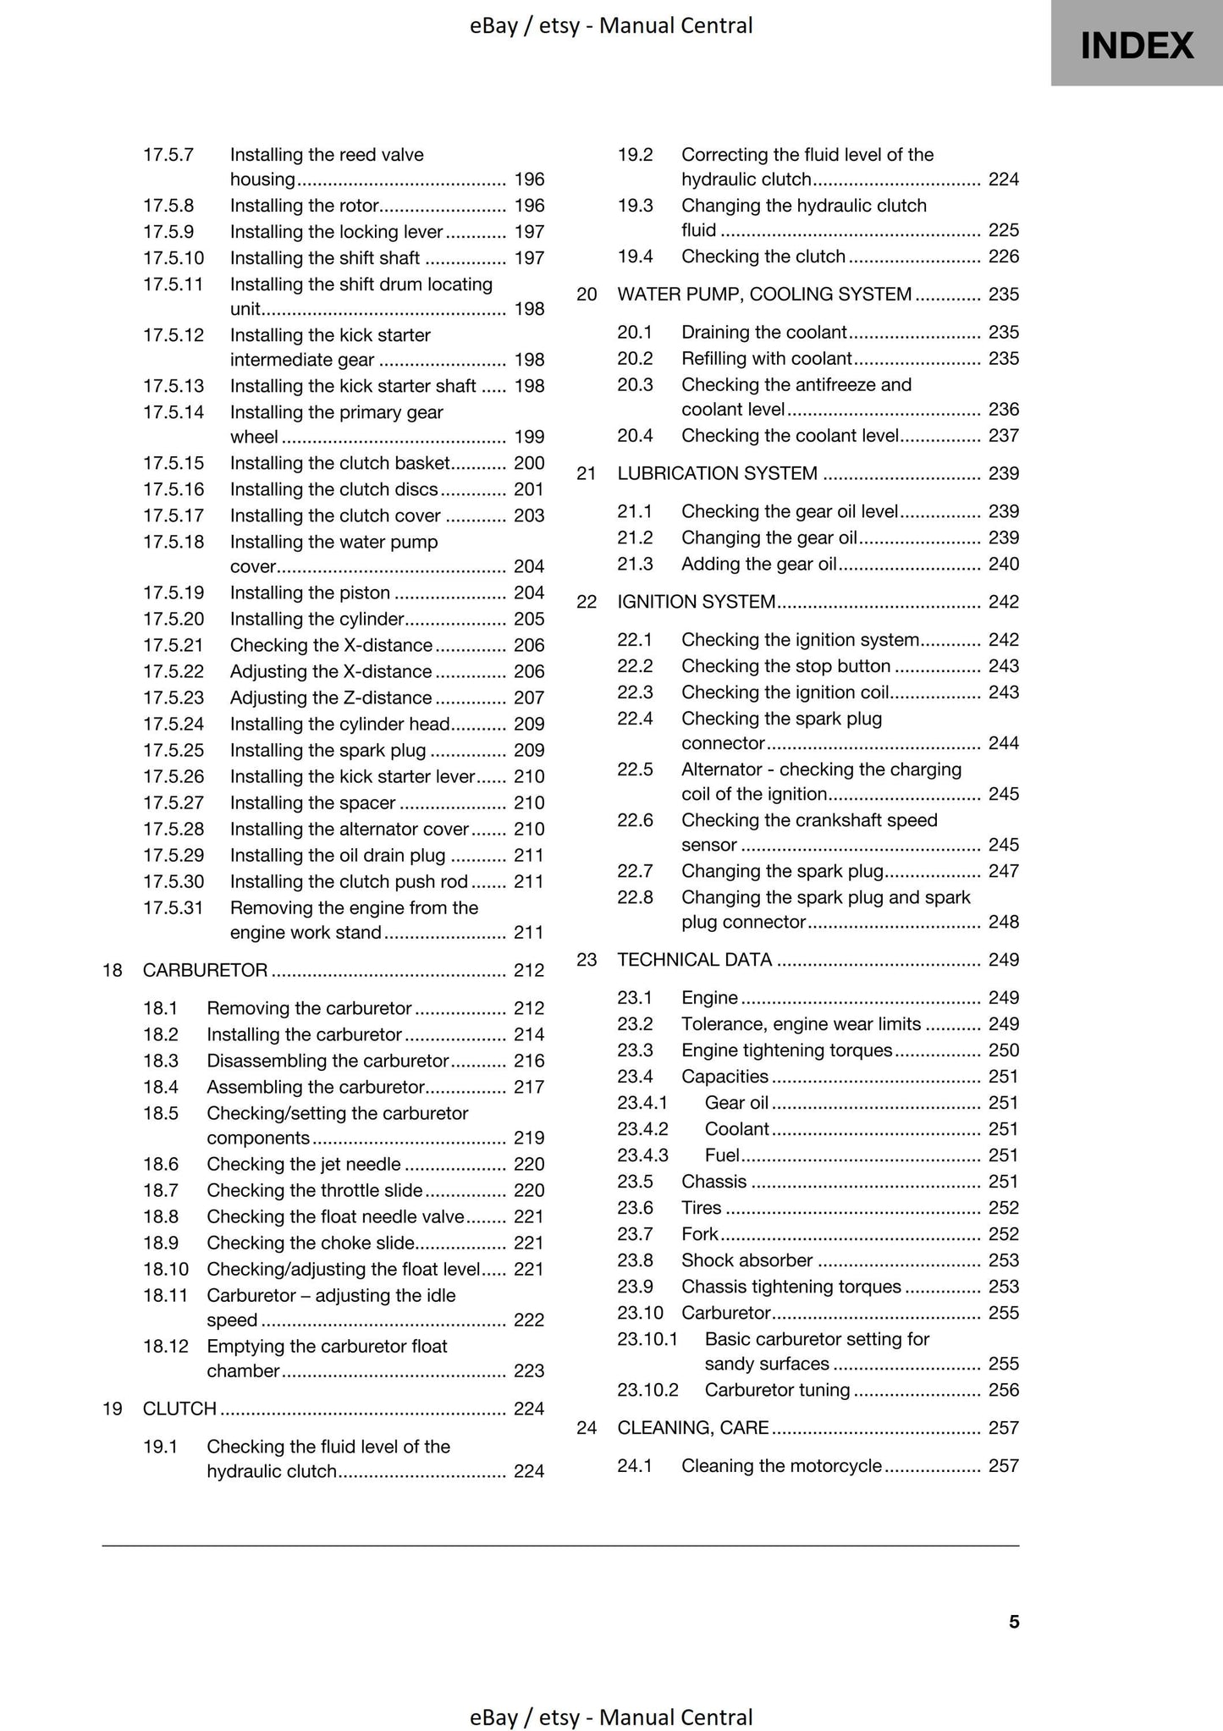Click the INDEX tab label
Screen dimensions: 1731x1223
point(1137,45)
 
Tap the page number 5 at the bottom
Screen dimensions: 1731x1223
point(1014,1622)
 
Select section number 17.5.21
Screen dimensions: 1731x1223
point(174,645)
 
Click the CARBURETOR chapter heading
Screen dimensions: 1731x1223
point(205,970)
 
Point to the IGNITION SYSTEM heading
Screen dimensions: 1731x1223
point(696,602)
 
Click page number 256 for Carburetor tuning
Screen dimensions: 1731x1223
point(1004,1390)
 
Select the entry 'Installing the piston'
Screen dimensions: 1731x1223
point(310,593)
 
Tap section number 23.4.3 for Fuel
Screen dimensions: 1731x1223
point(642,1155)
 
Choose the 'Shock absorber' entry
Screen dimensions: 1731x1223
point(746,1260)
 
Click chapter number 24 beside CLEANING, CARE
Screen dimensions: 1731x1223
point(587,1428)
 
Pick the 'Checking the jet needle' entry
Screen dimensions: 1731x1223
point(304,1164)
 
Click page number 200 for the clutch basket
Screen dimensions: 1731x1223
point(529,463)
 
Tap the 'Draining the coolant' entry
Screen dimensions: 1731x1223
point(763,333)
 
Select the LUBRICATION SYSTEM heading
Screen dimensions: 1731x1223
point(717,474)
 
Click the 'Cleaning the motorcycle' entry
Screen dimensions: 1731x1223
point(781,1466)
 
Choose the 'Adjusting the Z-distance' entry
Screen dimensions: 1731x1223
point(331,697)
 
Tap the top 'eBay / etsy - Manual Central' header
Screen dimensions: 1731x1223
point(611,26)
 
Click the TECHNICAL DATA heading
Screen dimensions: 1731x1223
point(694,960)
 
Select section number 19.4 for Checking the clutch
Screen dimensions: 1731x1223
point(635,256)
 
